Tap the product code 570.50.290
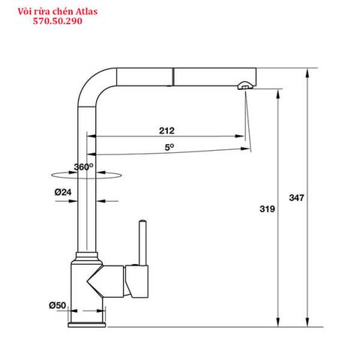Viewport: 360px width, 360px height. click(58, 22)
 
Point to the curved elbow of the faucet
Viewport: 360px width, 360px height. click(88, 79)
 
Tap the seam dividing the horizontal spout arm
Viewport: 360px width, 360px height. click(175, 76)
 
